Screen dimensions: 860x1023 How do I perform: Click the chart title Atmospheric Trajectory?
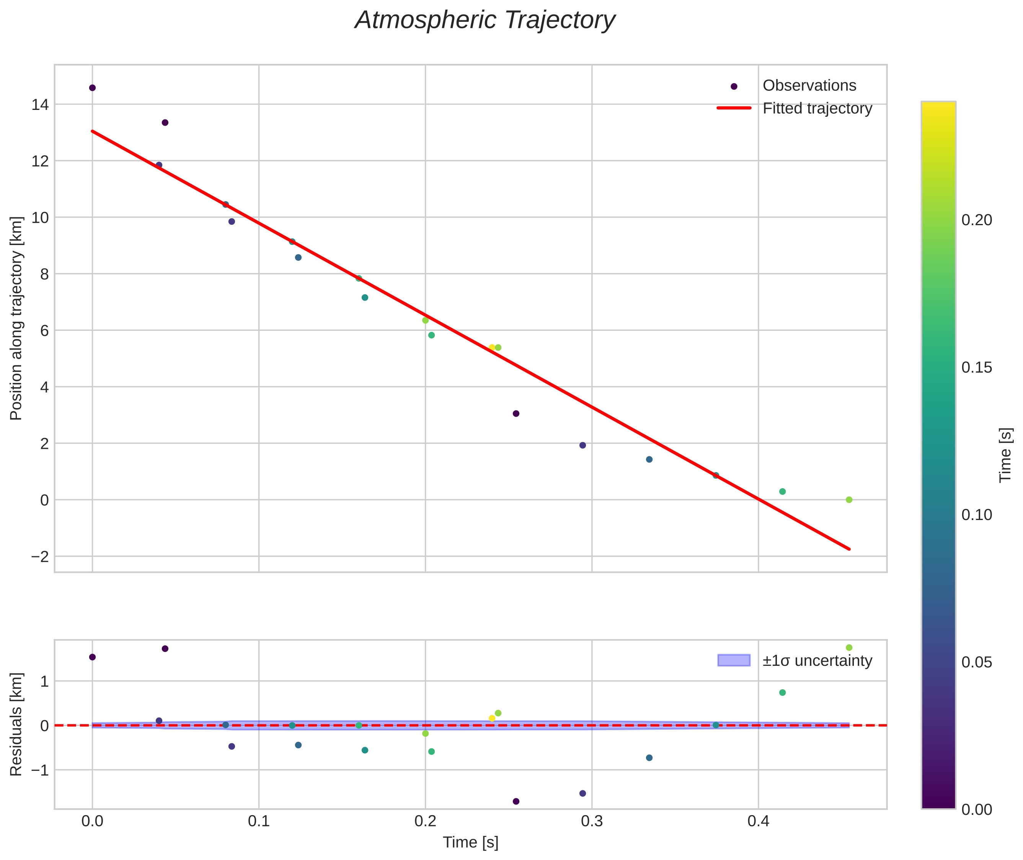coord(485,20)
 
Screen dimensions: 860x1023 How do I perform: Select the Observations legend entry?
coord(809,86)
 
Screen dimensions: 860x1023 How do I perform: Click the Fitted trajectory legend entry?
coord(817,108)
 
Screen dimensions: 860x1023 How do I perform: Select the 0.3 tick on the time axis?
coord(591,821)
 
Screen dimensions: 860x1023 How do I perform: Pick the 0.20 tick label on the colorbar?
coord(976,220)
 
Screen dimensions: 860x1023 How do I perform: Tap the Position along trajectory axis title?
coord(16,318)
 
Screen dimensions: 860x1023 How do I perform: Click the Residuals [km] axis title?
coord(16,724)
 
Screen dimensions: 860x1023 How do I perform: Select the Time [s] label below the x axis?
coord(470,842)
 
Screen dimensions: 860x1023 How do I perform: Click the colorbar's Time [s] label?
coord(1005,455)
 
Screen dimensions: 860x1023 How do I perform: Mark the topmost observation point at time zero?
coord(92,88)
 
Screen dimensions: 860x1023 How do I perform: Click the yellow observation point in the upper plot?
coord(492,348)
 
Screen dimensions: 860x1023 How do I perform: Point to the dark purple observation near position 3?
coord(516,414)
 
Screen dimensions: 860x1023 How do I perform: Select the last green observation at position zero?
coord(849,500)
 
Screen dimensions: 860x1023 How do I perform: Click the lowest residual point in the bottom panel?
coord(516,801)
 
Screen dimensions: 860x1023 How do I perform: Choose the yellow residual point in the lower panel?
coord(492,718)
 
